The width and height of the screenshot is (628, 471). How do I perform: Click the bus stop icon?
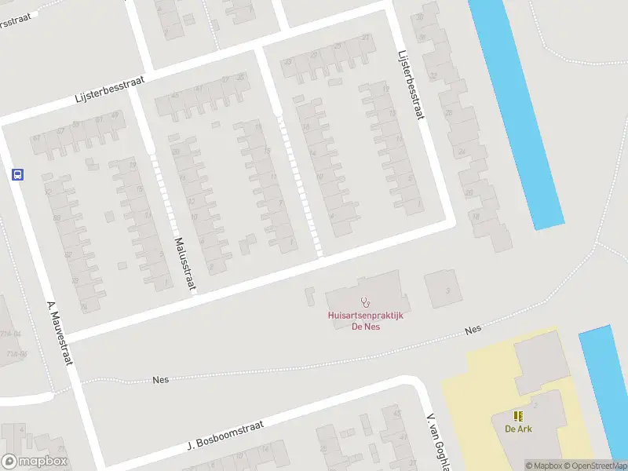point(17,175)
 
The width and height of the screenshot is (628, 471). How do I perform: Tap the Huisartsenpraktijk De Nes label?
point(365,321)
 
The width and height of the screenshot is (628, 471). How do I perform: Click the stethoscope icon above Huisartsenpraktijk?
point(365,301)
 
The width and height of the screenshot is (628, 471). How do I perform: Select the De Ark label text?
point(518,429)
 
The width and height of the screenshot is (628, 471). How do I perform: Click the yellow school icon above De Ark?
point(518,415)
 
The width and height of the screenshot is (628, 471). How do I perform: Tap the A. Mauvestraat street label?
point(60,333)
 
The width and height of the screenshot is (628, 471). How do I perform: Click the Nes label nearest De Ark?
point(472,331)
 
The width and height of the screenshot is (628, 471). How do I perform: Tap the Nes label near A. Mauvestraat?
point(161,379)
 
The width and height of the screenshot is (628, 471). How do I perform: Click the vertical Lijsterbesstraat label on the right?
point(411,86)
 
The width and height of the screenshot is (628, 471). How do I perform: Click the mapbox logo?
point(35,462)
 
